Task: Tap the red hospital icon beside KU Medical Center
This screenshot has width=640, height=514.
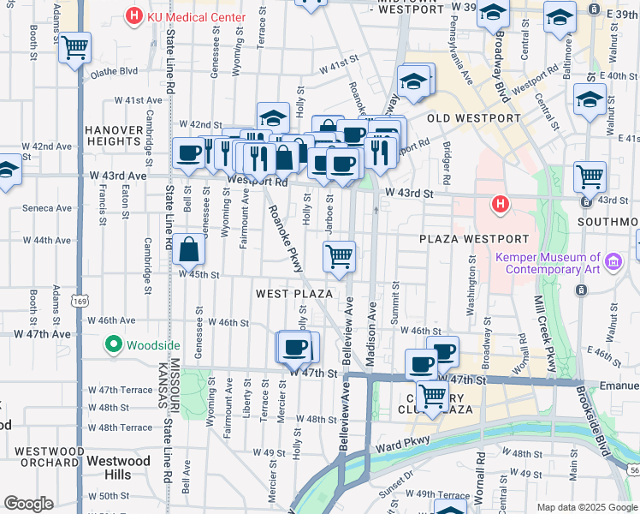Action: pyautogui.click(x=133, y=15)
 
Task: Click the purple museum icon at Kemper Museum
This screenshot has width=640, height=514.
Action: pyautogui.click(x=613, y=260)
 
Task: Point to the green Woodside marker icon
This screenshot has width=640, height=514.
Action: pyautogui.click(x=112, y=345)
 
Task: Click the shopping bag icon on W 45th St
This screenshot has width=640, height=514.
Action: pyautogui.click(x=189, y=250)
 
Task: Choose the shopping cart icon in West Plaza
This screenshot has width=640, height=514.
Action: pyautogui.click(x=340, y=256)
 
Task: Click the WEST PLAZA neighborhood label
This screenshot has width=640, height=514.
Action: pyautogui.click(x=293, y=294)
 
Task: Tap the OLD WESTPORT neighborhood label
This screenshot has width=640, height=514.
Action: pyautogui.click(x=473, y=118)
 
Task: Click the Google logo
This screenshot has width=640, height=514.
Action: pyautogui.click(x=28, y=504)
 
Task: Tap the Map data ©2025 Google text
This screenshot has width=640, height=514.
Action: pyautogui.click(x=587, y=507)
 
